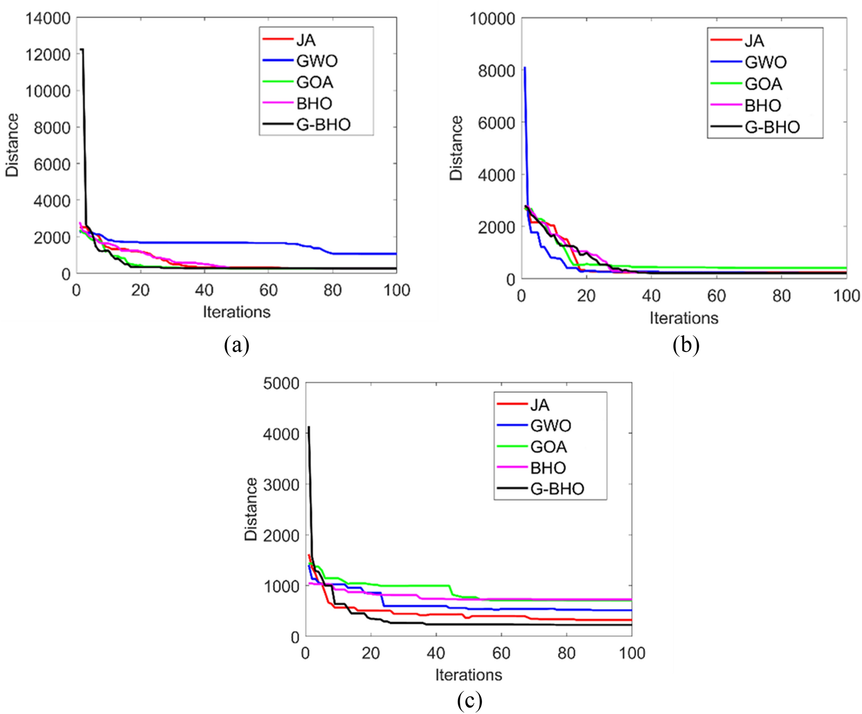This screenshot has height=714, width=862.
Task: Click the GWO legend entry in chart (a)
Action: click(x=316, y=61)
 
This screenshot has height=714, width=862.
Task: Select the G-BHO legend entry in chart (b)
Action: click(x=772, y=127)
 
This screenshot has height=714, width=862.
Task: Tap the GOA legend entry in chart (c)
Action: click(x=548, y=447)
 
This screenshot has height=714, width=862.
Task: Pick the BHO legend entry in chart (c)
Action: click(x=548, y=468)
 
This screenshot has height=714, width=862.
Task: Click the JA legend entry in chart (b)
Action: click(x=754, y=41)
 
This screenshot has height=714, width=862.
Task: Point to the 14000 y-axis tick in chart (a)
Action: click(x=48, y=18)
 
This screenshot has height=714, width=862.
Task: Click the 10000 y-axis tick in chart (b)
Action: click(x=492, y=19)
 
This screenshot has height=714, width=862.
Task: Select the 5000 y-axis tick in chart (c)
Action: click(x=281, y=384)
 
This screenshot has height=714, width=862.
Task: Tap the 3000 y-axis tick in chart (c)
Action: click(x=281, y=484)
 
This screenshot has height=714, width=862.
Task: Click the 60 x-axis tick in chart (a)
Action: click(x=268, y=290)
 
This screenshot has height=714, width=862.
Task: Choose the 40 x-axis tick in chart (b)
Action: click(x=651, y=296)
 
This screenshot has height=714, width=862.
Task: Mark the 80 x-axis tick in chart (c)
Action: click(x=566, y=653)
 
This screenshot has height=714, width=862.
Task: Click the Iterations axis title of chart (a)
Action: click(x=236, y=312)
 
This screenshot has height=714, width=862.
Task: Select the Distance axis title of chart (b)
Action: click(x=456, y=148)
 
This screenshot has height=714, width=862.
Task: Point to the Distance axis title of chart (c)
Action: click(x=251, y=509)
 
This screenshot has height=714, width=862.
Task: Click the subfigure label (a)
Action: click(x=236, y=345)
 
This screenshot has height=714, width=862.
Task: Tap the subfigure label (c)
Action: click(x=469, y=701)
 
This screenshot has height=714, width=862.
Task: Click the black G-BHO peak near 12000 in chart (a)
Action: click(x=83, y=50)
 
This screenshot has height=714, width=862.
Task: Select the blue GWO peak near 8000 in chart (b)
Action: click(x=525, y=68)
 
